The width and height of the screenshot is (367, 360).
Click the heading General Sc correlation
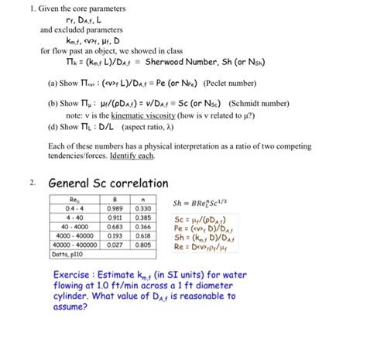(108, 184)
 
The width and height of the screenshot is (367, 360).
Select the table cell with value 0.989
(116, 208)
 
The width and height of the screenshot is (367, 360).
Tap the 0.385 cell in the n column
(143, 218)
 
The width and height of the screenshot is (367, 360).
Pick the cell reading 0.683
(116, 226)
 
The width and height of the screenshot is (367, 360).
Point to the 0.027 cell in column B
(116, 245)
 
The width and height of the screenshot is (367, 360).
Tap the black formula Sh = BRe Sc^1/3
(204, 204)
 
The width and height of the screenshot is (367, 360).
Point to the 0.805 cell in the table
(143, 245)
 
